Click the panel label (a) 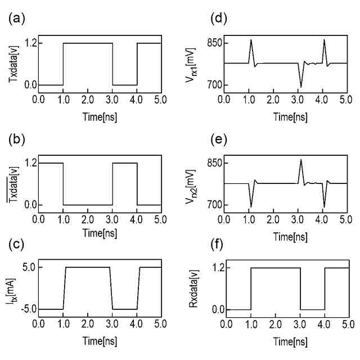(16, 19)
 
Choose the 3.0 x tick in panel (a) (112, 100)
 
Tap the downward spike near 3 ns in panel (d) (301, 87)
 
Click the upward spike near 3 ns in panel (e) (301, 160)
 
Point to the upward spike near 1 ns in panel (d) (251, 40)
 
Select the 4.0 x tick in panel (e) (323, 219)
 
